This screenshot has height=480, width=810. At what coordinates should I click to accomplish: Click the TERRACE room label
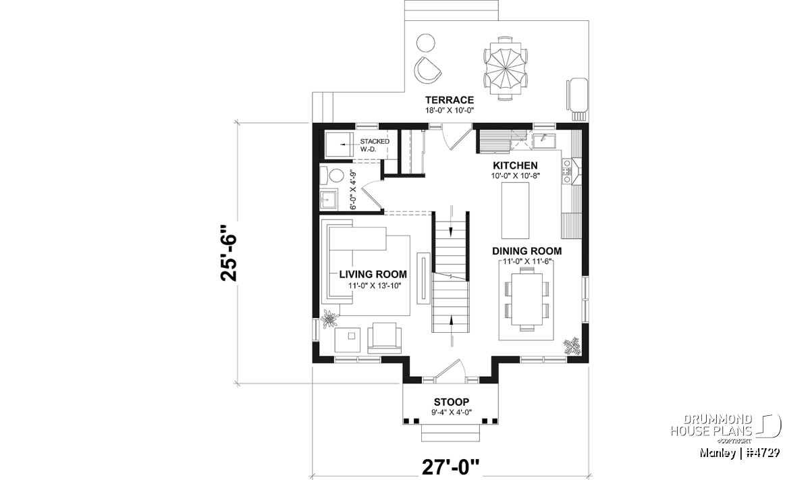pos(450,100)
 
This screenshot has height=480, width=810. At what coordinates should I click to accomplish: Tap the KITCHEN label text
pos(515,165)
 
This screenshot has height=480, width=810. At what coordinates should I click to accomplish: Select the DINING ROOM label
pos(527,251)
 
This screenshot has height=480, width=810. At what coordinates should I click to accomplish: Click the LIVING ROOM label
pos(373,275)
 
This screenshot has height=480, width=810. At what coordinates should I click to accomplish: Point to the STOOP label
pos(452,402)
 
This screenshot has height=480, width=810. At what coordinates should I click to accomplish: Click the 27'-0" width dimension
pos(451,468)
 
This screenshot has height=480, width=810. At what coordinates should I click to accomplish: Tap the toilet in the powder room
pos(333,176)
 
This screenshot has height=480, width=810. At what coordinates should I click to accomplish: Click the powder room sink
pos(329,200)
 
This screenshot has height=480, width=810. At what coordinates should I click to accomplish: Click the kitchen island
pos(515,211)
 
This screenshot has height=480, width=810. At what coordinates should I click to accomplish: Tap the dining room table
pos(526,299)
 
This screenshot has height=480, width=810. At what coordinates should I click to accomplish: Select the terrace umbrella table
pos(505,68)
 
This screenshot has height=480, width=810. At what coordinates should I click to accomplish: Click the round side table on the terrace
pos(426,43)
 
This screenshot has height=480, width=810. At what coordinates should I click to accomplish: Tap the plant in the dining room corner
pos(572,346)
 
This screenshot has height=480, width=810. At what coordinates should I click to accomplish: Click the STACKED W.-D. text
pos(374,145)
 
